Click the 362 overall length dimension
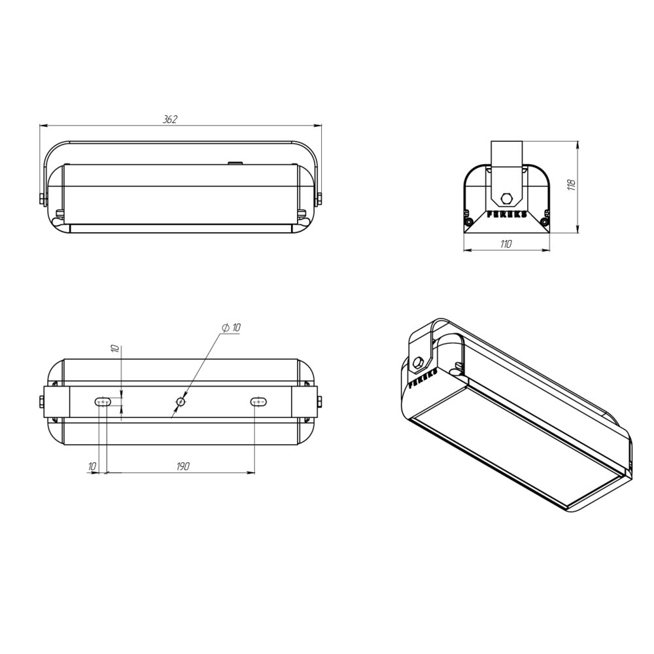click(170, 119)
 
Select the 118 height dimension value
click(572, 185)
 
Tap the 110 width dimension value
click(506, 244)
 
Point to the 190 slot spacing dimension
click(182, 466)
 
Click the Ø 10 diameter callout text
click(232, 328)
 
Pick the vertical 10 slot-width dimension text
click(116, 349)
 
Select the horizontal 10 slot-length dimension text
click(92, 466)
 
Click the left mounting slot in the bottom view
click(103, 402)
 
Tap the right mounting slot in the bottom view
click(258, 402)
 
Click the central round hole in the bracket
click(181, 402)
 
